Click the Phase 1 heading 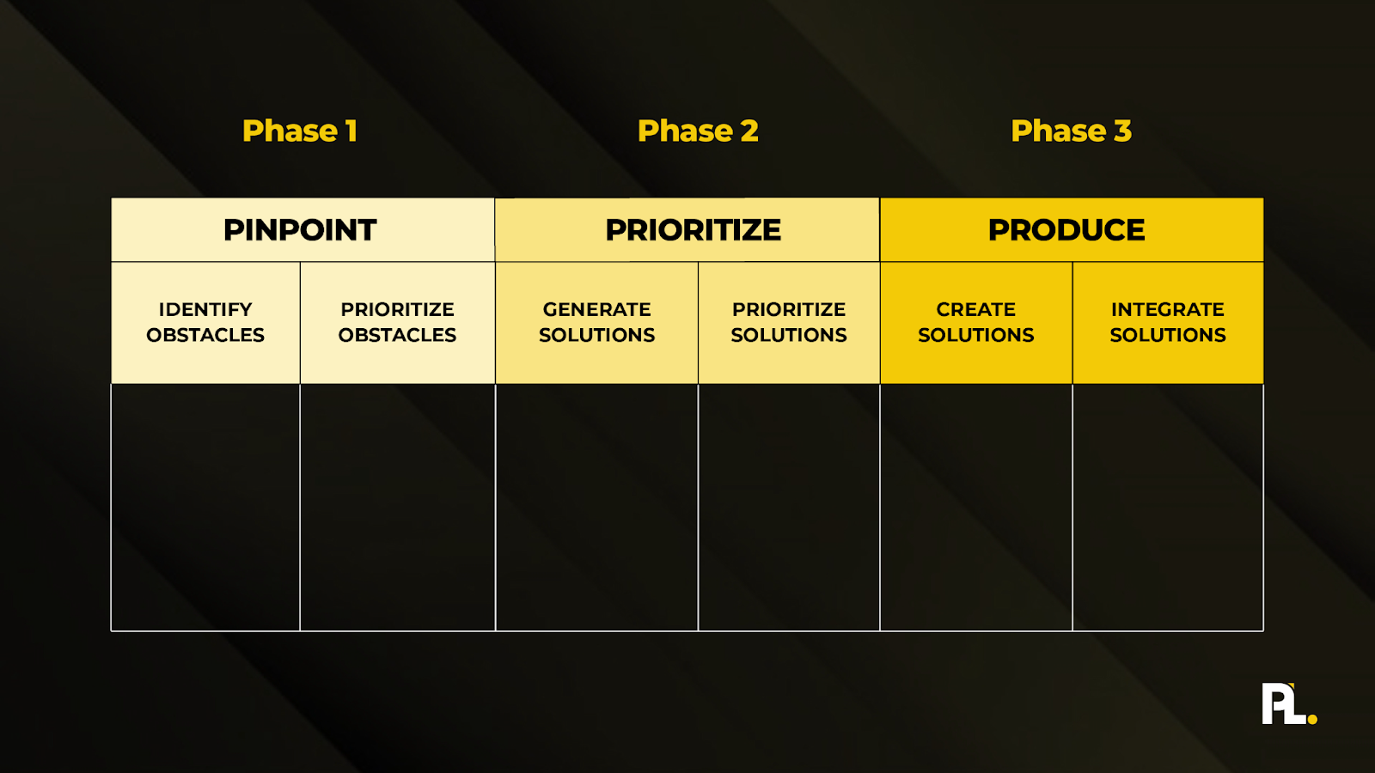299,131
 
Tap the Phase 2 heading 698,131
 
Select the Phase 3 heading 1071,131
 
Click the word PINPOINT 300,230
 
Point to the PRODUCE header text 1066,230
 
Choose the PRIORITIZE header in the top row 693,230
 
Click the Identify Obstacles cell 205,322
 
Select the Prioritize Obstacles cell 397,322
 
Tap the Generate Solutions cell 596,322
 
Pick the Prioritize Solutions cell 789,322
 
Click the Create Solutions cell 976,322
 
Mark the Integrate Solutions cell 1168,322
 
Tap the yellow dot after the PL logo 1312,719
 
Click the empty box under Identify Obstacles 205,507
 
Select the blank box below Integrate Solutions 1168,507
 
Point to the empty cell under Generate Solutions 596,507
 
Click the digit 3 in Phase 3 1122,131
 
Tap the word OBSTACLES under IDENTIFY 205,335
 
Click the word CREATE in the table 976,309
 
